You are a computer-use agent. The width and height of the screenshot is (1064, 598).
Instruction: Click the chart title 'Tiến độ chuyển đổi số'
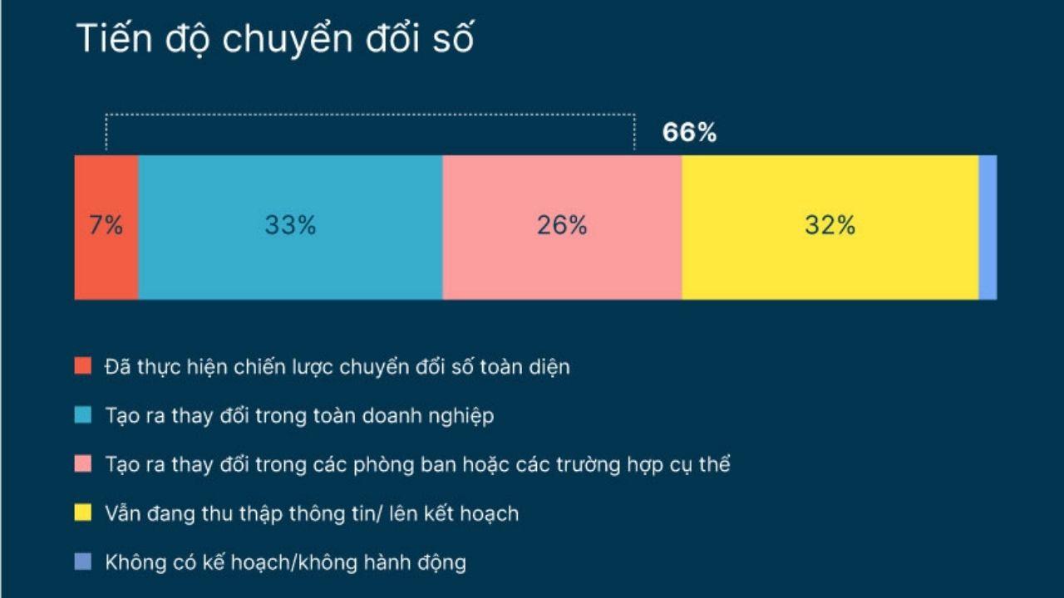click(275, 39)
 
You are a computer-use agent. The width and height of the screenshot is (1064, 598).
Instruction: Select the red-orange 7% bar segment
click(106, 228)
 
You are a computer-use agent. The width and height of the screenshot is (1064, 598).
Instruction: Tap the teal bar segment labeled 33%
click(291, 228)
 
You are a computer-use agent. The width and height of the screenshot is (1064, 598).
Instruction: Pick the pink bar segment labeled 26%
click(563, 228)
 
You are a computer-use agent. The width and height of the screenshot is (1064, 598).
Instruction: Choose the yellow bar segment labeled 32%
click(830, 228)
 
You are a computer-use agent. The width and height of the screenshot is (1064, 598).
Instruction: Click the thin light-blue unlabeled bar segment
click(988, 228)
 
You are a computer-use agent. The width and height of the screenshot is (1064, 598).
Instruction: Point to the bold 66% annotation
click(689, 132)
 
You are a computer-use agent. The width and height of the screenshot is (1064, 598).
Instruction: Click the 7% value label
click(106, 225)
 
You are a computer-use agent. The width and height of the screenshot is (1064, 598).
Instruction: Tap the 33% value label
click(291, 225)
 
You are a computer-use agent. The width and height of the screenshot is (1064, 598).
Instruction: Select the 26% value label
click(563, 225)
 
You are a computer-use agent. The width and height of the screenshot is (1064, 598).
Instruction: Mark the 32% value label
click(830, 225)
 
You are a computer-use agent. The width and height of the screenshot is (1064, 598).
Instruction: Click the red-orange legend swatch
click(82, 366)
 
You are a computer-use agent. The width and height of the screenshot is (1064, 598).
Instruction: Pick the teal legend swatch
click(82, 414)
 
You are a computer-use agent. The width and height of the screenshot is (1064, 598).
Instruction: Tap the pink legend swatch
click(82, 463)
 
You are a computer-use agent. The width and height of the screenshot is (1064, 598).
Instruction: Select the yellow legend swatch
click(82, 512)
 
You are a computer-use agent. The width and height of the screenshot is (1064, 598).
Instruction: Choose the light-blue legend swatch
click(82, 561)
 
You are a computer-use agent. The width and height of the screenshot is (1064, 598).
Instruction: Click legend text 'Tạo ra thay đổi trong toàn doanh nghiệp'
click(300, 416)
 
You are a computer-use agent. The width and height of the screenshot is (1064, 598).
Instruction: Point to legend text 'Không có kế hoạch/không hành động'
click(286, 563)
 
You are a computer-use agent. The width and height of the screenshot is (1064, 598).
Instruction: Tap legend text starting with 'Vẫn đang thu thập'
click(312, 514)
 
